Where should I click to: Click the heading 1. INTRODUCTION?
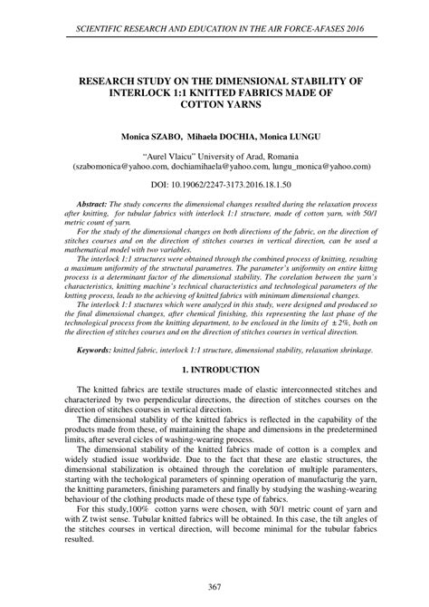[214, 370]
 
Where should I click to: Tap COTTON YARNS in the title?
[214, 105]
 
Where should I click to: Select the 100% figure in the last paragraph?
[142, 508]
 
